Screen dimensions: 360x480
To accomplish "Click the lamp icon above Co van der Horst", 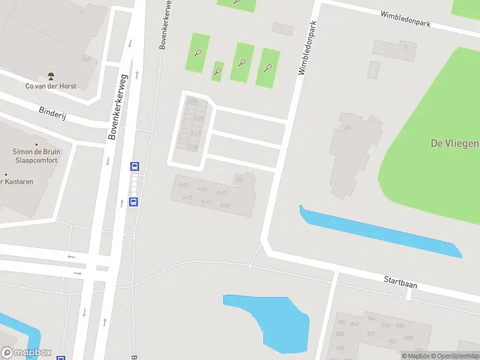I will pyautogui.click(x=51, y=76).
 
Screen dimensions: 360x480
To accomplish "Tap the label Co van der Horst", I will pyautogui.click(x=51, y=86).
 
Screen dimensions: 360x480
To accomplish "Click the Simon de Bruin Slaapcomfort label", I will pyautogui.click(x=35, y=156).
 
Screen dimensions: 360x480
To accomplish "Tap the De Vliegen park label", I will pyautogui.click(x=454, y=143).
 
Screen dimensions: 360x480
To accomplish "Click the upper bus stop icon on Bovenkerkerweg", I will pyautogui.click(x=135, y=167).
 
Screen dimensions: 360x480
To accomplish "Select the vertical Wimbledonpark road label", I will pyautogui.click(x=307, y=45).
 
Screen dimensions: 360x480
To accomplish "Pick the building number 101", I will pyautogui.click(x=238, y=179).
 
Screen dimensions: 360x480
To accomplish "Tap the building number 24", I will pyautogui.click(x=347, y=128).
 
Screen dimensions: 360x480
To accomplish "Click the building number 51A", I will pyautogui.click(x=85, y=59).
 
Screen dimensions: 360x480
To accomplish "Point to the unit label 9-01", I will pyautogui.click(x=184, y=185).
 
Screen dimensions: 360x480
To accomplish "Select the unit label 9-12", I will pyautogui.click(x=206, y=202).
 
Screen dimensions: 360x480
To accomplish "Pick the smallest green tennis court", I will pyautogui.click(x=218, y=71).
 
